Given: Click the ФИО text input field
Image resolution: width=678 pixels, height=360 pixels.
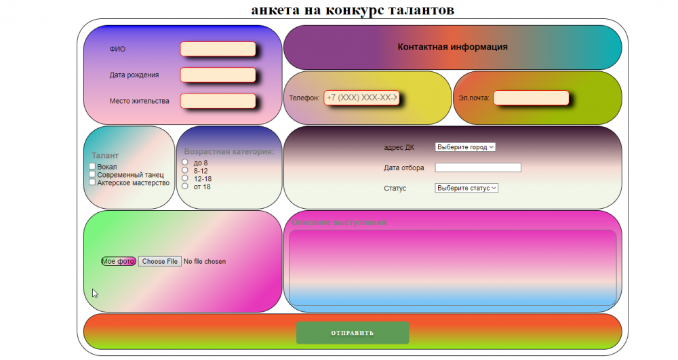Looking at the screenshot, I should click(x=218, y=49).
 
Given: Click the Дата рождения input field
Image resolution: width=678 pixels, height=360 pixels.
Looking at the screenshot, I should click(x=218, y=75).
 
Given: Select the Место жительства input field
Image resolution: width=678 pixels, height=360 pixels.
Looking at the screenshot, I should click(x=218, y=101).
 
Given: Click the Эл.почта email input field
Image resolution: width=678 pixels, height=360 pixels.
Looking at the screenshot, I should click(x=531, y=98).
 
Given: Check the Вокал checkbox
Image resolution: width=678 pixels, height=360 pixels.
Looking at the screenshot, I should click(x=92, y=167).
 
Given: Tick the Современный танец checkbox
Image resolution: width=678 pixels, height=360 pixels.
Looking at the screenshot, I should click(x=92, y=175).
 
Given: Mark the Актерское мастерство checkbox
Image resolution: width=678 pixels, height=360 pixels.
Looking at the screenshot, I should click(x=92, y=182).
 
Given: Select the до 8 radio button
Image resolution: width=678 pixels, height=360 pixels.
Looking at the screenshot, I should click(x=185, y=163).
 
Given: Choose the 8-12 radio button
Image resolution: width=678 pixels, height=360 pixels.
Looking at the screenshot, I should click(x=185, y=171).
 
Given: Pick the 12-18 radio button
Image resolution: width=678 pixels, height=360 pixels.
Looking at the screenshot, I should click(x=185, y=178).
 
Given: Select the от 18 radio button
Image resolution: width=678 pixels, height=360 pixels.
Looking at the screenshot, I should click(x=185, y=186).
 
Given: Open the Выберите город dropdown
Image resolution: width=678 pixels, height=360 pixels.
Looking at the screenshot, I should click(x=465, y=147).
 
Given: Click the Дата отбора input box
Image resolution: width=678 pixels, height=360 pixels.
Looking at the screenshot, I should click(x=477, y=167).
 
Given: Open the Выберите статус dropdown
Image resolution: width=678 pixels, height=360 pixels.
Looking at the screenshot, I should click(x=466, y=188).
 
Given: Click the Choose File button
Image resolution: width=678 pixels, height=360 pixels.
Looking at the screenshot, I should click(x=160, y=262).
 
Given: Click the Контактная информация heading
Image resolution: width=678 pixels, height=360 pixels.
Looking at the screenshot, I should click(x=452, y=47).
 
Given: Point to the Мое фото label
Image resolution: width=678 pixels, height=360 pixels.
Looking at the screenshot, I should click(x=119, y=262).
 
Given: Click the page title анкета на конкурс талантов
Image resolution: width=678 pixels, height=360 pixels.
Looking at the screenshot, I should click(x=353, y=9).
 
